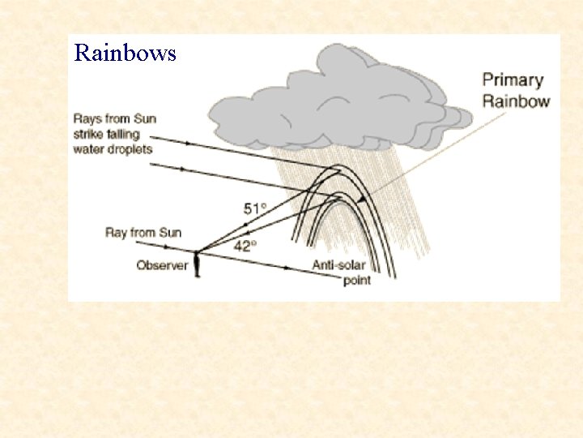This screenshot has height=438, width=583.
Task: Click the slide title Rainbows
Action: (125, 54)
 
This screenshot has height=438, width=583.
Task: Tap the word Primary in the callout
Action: (512, 79)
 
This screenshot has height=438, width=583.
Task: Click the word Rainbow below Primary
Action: (517, 101)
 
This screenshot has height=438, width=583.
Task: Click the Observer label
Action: (162, 265)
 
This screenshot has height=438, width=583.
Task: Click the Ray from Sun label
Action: (143, 233)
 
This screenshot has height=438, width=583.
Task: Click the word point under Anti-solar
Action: (357, 280)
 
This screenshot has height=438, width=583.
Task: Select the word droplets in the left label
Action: (130, 148)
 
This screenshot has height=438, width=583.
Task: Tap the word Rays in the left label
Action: (86, 118)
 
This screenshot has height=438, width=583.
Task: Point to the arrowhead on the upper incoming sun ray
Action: (189, 143)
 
